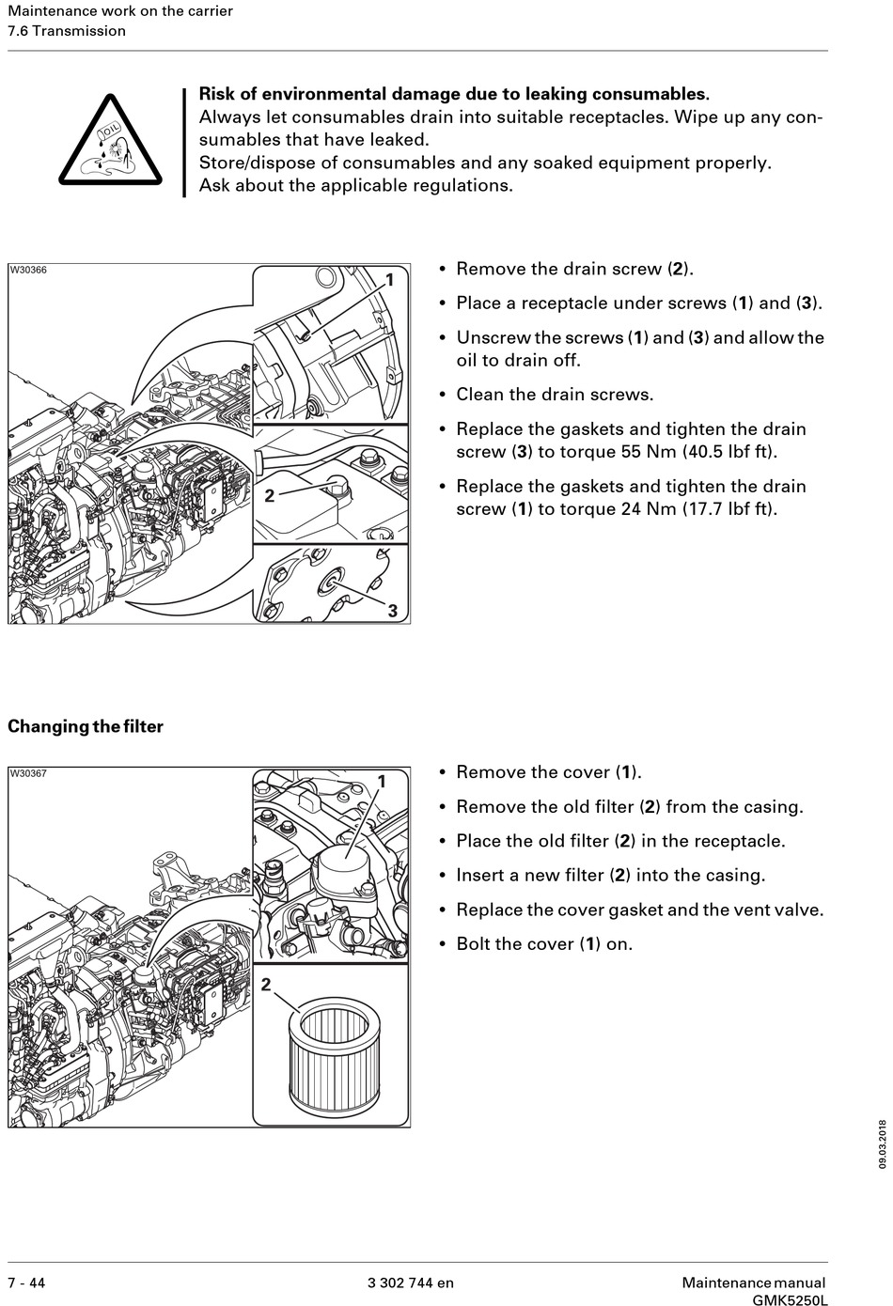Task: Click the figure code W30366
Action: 28,271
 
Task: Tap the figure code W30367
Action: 28,773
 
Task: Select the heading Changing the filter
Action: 86,726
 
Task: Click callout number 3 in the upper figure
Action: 393,611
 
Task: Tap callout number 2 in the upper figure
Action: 270,495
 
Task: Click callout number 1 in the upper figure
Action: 390,279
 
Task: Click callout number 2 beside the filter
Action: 266,985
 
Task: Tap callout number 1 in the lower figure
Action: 383,782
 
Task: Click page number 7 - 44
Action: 26,1283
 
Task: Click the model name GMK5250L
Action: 790,1300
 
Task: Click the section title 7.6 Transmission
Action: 67,31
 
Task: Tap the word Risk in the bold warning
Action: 217,94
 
